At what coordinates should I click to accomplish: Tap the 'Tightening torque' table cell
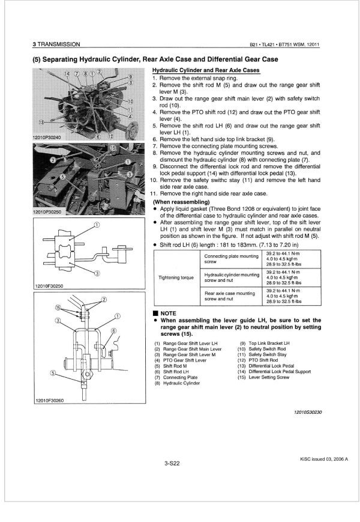point(175,278)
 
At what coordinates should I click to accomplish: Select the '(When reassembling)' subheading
point(176,202)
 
